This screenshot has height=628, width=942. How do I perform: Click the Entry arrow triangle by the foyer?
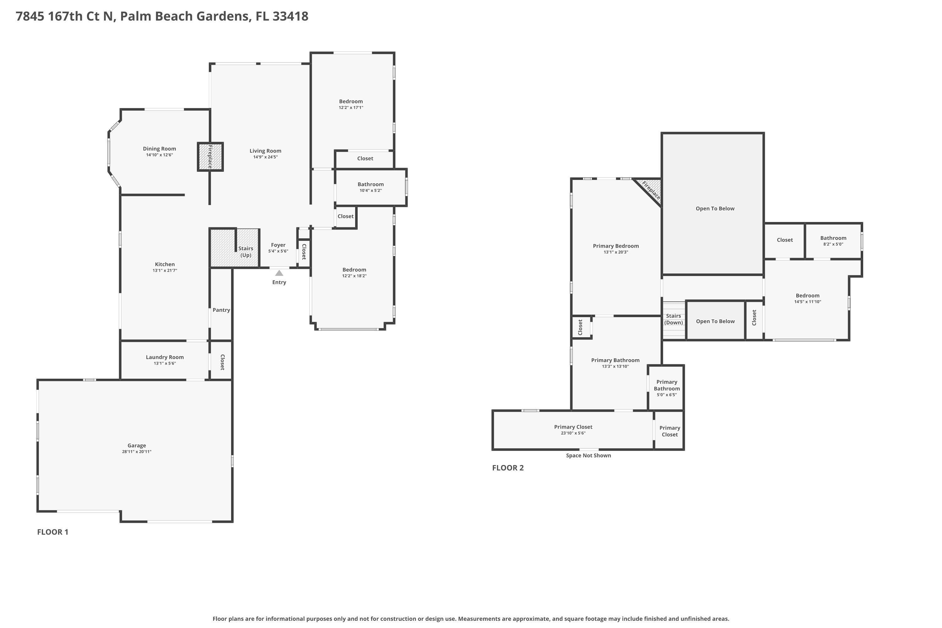[x=279, y=273]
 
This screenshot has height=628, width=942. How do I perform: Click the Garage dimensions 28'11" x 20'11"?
[x=137, y=452]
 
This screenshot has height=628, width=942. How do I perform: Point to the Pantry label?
[x=221, y=310]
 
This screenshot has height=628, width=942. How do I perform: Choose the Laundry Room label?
[x=165, y=357]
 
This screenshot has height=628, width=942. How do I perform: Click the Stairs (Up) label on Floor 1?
[x=246, y=252]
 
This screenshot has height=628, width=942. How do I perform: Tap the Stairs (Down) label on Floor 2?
[x=673, y=319]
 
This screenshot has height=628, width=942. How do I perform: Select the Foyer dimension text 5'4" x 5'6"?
[x=278, y=252]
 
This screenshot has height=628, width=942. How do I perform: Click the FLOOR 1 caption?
[x=53, y=532]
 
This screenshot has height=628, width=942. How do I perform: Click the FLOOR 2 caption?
[x=507, y=468]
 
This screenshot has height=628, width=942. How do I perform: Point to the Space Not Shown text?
[x=588, y=455]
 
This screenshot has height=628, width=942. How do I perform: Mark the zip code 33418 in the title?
[x=290, y=16]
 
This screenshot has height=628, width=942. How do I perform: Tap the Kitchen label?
[x=165, y=264]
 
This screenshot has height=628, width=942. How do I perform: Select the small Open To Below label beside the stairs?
[x=715, y=321]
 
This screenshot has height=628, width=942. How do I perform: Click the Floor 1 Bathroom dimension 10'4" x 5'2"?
[x=371, y=191]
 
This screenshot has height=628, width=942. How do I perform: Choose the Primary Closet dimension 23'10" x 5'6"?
[x=573, y=433]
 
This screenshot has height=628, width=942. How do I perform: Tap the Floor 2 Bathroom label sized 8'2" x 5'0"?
[x=833, y=238]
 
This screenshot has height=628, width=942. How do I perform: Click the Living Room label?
[x=265, y=151]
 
